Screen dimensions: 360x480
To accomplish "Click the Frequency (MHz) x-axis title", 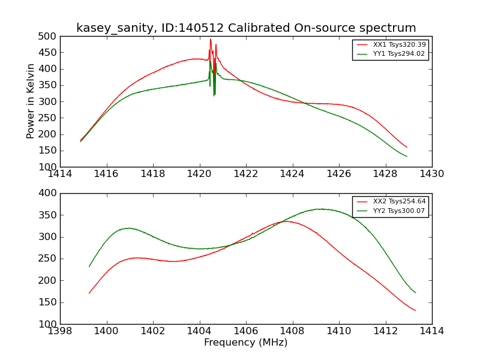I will (x=245, y=343).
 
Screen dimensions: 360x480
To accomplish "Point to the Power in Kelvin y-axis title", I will (x=31, y=101).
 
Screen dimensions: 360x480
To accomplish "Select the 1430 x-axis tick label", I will (x=431, y=174).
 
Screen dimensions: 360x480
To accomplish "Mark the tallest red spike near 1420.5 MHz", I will (x=211, y=40).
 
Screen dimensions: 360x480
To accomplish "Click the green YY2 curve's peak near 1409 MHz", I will (x=321, y=209).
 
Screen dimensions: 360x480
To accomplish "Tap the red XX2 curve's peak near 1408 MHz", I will (x=286, y=221).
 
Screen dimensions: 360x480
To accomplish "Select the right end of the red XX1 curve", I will (x=407, y=147).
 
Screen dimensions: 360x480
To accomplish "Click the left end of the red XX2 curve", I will (x=89, y=293).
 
